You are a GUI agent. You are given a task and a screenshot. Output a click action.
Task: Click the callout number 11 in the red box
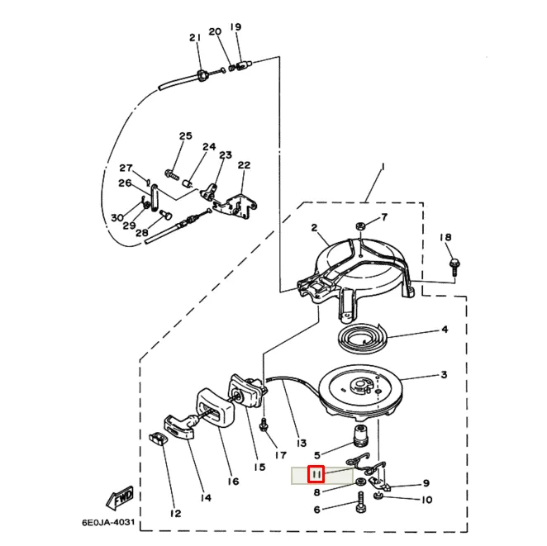click(316, 474)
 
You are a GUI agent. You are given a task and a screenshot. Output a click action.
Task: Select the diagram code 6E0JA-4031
click(107, 523)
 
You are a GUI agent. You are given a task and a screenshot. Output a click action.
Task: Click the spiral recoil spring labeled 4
click(364, 338)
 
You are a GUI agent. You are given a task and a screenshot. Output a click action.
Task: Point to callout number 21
click(195, 38)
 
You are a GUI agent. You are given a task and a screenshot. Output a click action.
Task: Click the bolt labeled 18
click(454, 267)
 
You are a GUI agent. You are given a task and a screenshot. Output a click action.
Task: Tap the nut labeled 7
click(360, 226)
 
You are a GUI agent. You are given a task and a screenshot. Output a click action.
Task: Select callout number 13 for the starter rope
click(301, 443)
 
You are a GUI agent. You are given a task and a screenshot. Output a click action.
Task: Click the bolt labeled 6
click(361, 501)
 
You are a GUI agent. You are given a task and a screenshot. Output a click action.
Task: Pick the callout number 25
click(186, 135)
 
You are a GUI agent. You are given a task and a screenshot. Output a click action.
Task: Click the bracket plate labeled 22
click(236, 208)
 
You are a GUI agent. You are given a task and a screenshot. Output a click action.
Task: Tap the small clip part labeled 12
click(158, 439)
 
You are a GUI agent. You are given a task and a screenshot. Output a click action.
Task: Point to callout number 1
click(383, 168)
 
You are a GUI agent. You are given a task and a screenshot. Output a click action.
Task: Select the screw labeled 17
click(264, 425)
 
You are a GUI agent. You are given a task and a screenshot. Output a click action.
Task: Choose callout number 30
click(117, 217)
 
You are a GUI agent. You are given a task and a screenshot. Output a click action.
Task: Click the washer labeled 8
click(359, 482)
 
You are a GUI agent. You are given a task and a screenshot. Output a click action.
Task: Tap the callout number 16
click(233, 482)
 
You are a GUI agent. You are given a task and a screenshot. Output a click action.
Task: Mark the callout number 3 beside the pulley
click(444, 375)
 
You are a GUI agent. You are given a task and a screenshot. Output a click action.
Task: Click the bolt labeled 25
click(172, 174)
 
